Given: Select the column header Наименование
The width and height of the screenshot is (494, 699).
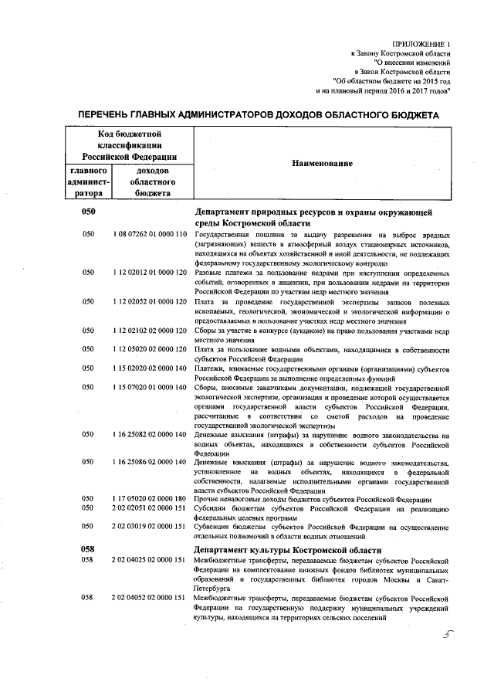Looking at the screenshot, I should (x=322, y=164).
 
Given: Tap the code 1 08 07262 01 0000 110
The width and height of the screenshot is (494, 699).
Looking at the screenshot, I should (x=150, y=234).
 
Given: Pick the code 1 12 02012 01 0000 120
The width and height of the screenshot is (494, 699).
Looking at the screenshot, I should (x=150, y=273).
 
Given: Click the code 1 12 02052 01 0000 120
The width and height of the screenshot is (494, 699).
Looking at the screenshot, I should (x=150, y=302).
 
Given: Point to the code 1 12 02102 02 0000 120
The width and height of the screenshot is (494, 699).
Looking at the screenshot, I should (x=150, y=331).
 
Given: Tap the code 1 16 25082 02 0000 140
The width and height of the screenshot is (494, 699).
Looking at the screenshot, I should (x=150, y=435).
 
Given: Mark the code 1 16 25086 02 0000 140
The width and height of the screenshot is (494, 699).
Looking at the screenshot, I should (x=150, y=463).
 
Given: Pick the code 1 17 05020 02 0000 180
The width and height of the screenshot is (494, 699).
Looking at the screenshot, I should (x=150, y=500).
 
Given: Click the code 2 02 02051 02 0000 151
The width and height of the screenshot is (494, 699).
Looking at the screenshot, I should (x=150, y=510).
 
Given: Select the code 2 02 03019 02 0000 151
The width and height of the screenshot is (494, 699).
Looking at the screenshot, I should (x=150, y=528).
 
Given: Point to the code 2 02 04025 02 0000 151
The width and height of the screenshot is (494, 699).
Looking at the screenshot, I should (x=150, y=559).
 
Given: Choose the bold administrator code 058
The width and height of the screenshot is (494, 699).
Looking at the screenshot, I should (x=87, y=548).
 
